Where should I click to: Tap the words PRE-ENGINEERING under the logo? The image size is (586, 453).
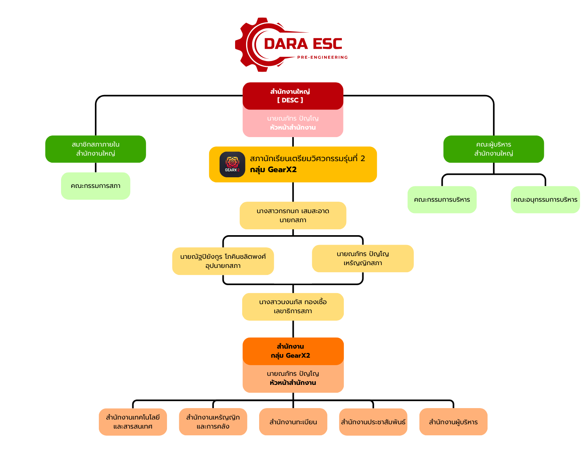tap(322, 58)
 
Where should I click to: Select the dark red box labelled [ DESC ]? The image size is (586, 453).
tap(293, 96)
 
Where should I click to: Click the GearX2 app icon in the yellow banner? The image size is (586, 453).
tap(232, 164)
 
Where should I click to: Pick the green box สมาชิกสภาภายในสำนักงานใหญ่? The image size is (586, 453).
tap(96, 149)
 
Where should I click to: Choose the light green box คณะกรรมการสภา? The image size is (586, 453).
tap(96, 186)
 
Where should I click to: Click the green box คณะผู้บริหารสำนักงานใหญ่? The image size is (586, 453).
tap(493, 149)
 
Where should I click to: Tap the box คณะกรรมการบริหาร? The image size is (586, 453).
tap(442, 200)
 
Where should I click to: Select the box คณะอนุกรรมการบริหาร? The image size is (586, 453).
tap(545, 200)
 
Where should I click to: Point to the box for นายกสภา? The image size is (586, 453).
tap(293, 215)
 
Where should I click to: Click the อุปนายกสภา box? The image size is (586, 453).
tap(223, 261)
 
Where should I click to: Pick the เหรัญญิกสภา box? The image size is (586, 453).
tap(363, 258)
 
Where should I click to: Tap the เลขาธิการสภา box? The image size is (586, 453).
tap(293, 306)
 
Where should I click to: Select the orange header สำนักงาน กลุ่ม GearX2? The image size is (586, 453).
tap(293, 351)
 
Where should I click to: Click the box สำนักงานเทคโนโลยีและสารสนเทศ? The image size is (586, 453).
tap(133, 422)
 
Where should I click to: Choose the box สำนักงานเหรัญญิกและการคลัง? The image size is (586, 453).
tap(213, 422)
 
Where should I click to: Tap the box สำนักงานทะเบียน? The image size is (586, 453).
tap(293, 422)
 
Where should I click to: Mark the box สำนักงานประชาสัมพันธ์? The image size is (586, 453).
tap(373, 422)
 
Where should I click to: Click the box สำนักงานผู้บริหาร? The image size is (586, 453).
tap(453, 422)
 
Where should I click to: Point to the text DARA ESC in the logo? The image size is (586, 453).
tap(303, 44)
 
